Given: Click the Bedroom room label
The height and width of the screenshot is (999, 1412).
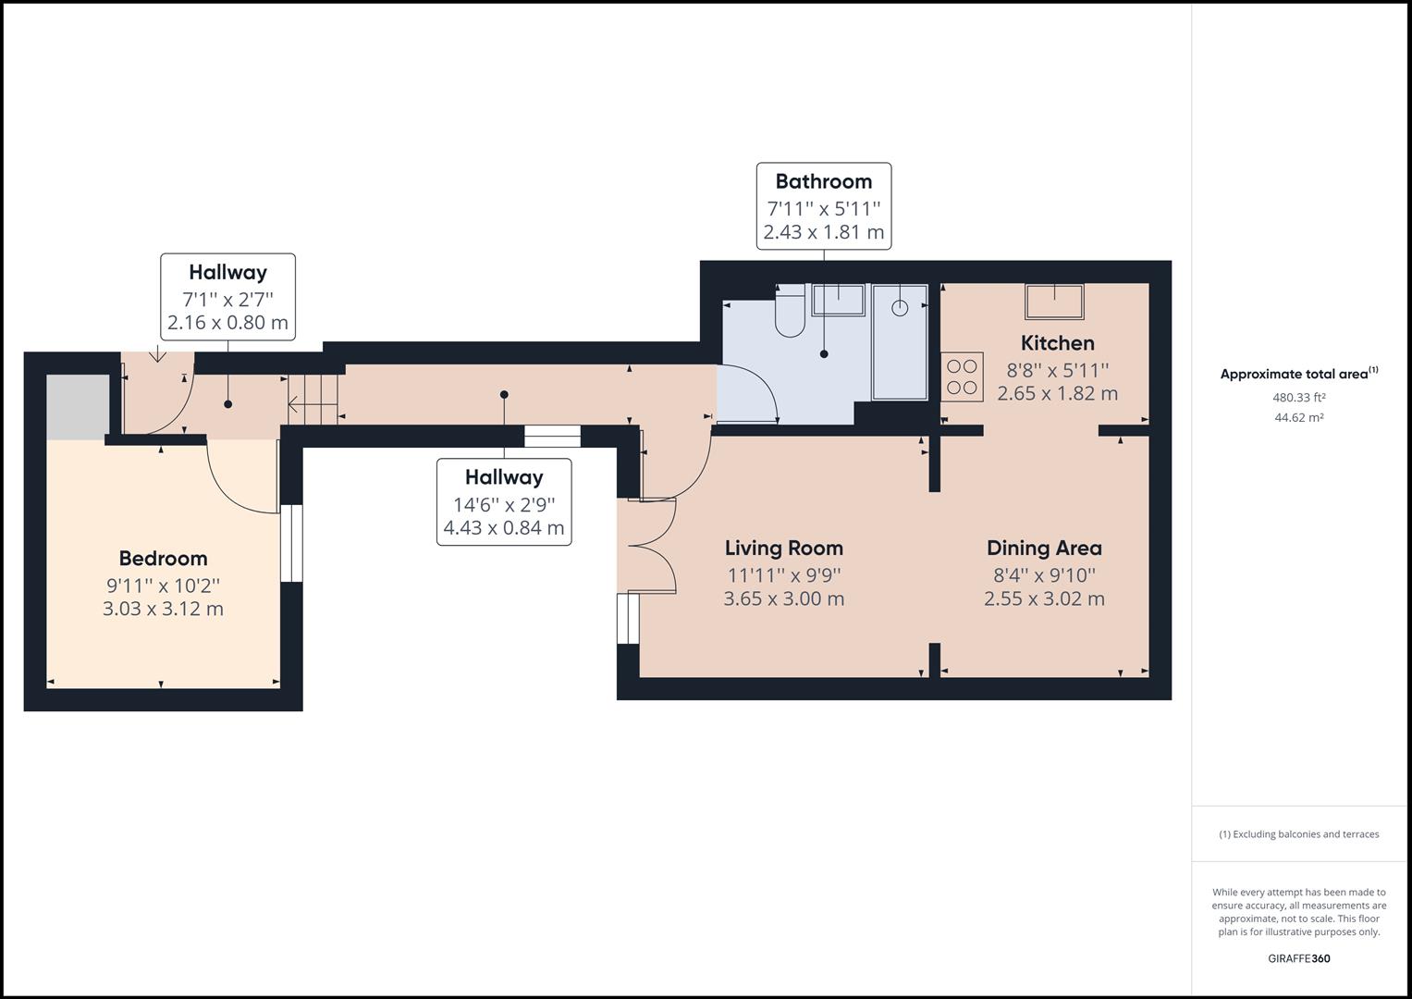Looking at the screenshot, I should point(163,558).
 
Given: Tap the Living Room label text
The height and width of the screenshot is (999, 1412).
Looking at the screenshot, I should point(783,548).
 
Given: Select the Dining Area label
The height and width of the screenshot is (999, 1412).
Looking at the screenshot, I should point(1044,548).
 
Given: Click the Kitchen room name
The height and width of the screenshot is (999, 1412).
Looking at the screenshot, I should point(1057,343).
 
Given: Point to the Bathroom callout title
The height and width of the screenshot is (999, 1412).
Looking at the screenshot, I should point(823,181).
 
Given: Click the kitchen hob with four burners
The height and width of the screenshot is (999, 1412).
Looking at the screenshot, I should point(962,377).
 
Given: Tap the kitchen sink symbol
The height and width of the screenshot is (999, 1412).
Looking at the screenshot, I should point(1054,302).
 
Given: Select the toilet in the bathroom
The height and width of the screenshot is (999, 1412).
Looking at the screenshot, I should point(791,313).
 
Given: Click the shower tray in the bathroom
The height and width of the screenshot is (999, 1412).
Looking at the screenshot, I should point(900,341).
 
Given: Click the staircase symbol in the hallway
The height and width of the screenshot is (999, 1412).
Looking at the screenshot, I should point(313,401).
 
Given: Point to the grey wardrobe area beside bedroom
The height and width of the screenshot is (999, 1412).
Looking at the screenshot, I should point(78,407).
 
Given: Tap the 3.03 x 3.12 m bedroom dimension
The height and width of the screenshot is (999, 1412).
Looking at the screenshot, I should point(163,609).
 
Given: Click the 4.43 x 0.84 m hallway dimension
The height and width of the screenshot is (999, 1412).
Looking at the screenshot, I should point(504,528).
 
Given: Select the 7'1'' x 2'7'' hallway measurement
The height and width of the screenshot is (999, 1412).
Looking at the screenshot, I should point(227,299).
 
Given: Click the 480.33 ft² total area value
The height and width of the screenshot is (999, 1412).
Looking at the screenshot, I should point(1298,398).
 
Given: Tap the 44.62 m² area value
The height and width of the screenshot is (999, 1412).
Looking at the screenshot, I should point(1298,417).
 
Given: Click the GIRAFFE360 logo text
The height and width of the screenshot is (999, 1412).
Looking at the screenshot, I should point(1298,958).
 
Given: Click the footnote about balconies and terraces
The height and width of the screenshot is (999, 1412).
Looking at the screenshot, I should point(1298,834).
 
